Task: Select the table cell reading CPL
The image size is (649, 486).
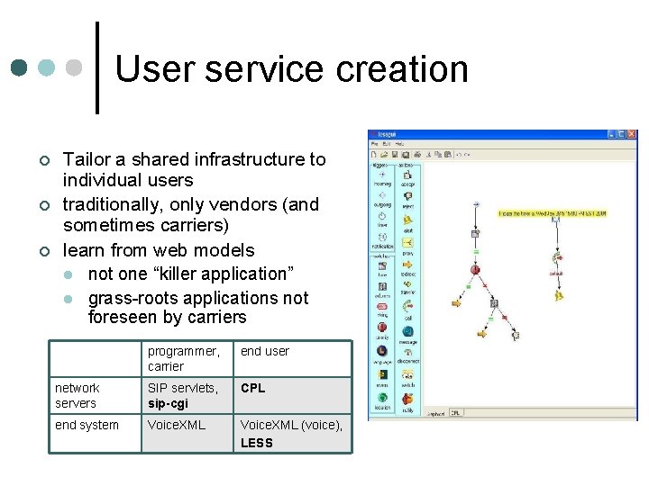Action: tap(252, 388)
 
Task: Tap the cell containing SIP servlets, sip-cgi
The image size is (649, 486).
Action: tap(183, 395)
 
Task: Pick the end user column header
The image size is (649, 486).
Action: tap(264, 351)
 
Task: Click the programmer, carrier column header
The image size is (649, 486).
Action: tap(183, 358)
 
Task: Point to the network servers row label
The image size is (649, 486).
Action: tap(76, 395)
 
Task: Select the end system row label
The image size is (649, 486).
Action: tap(87, 425)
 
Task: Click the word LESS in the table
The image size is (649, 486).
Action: tap(257, 443)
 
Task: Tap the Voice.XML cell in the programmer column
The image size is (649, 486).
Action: tap(177, 425)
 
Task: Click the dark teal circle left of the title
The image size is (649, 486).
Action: tap(19, 68)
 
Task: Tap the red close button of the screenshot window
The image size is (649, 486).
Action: tap(632, 135)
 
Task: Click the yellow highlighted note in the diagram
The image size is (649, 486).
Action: tap(554, 212)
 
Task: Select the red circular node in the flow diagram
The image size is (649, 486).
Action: tap(475, 268)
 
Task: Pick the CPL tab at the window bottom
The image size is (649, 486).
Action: tap(455, 413)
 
